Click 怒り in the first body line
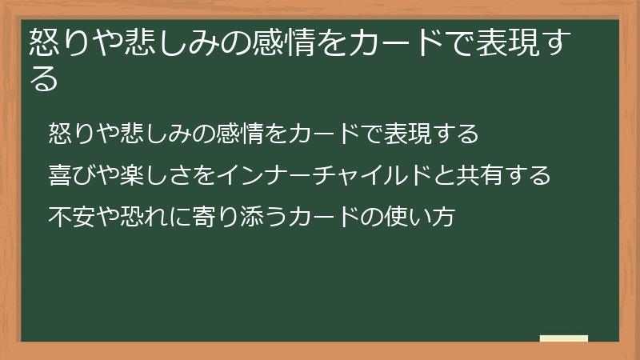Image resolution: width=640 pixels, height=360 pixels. click(x=68, y=133)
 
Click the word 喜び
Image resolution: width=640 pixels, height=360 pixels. click(x=68, y=174)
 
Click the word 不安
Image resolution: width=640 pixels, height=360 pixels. click(x=68, y=216)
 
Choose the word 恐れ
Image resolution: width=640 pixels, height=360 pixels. click(x=128, y=216)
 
